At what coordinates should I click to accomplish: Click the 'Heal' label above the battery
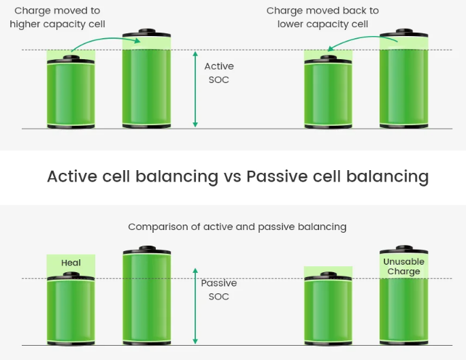click(x=71, y=263)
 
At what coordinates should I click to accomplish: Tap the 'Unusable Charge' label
click(x=403, y=267)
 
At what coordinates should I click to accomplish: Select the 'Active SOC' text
click(x=218, y=73)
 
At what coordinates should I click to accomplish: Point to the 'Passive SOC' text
click(x=218, y=290)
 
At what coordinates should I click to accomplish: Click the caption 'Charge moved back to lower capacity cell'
click(x=322, y=18)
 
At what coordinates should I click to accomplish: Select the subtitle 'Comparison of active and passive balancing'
click(x=237, y=227)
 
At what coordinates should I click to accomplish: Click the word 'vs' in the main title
click(x=232, y=177)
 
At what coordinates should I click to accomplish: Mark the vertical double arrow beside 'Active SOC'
click(x=195, y=88)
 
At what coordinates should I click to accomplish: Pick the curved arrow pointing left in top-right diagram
click(x=361, y=44)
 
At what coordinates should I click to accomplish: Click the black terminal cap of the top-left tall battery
click(x=147, y=33)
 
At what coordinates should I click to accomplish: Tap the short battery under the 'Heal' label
click(x=71, y=310)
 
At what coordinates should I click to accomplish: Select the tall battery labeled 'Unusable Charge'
click(x=403, y=299)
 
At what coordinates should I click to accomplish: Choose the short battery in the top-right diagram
click(x=327, y=93)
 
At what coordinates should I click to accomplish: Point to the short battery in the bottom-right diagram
click(x=327, y=310)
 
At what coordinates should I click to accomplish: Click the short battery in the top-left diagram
click(x=71, y=93)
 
